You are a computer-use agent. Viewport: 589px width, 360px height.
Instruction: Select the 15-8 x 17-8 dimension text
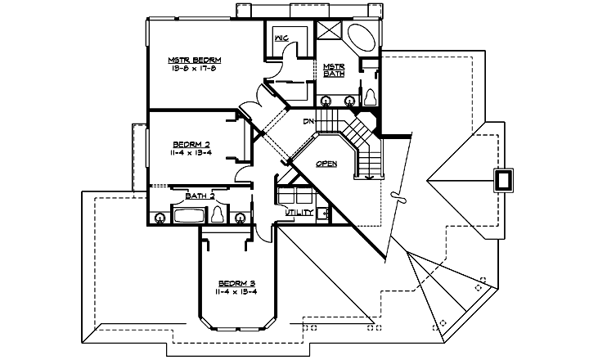coord(196,70)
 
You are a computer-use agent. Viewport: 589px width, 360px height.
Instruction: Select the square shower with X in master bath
coord(330,30)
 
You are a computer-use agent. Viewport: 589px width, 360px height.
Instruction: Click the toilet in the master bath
coord(371,97)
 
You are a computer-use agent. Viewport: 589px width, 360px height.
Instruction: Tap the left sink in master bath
coord(326,101)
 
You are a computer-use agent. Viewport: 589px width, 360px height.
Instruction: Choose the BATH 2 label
coord(200,196)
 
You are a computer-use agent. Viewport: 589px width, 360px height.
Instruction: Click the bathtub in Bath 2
coord(190,216)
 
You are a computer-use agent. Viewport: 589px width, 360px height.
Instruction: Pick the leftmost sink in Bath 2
coord(159,217)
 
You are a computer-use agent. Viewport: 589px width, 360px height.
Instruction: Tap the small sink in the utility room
coord(324,214)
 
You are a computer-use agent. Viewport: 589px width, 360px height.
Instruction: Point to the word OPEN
coord(327,163)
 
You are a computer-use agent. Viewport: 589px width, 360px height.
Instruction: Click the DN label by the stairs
coord(309,122)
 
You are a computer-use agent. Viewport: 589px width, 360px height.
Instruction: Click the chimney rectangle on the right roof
coord(502,180)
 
